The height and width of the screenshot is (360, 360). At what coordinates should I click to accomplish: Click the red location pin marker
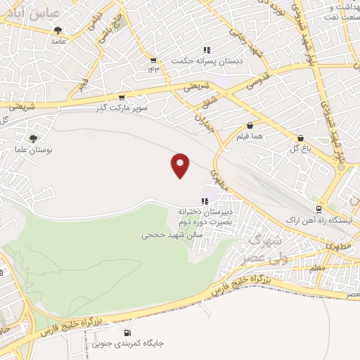[181, 165]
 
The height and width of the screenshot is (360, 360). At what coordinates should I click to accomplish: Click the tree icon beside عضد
[57, 30]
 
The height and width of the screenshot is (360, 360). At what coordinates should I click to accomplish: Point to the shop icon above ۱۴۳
[154, 60]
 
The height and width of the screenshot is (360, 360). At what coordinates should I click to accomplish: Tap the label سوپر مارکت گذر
[120, 108]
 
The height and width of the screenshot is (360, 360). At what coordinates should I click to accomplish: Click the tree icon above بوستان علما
[33, 139]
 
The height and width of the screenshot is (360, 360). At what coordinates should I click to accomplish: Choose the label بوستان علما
[33, 150]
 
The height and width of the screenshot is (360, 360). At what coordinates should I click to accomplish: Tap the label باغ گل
[300, 149]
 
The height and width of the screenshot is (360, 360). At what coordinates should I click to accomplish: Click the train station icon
[319, 209]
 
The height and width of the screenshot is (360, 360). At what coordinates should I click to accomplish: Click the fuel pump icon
[127, 333]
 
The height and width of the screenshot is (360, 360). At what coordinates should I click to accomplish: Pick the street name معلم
[317, 268]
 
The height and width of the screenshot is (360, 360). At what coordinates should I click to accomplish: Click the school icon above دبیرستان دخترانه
[205, 201]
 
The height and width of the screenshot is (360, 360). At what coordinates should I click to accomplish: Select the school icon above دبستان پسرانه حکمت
[207, 50]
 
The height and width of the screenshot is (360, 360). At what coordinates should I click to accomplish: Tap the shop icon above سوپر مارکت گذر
[122, 98]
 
